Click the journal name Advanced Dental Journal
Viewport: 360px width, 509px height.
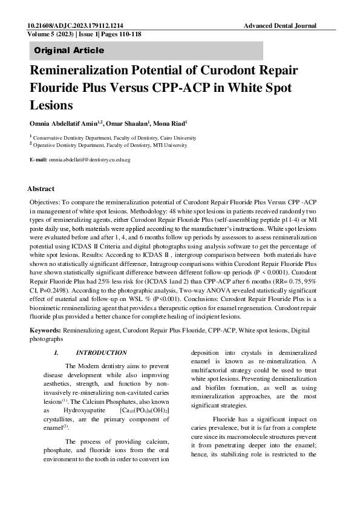pos(280,27)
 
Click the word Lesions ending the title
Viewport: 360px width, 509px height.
pos(51,105)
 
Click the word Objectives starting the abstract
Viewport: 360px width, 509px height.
pos(46,199)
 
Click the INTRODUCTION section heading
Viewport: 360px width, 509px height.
pos(101,353)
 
